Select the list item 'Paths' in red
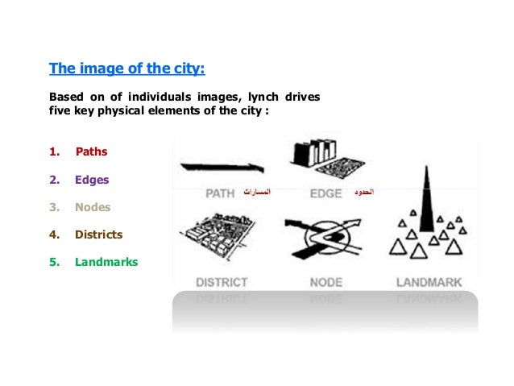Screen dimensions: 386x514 click(91, 151)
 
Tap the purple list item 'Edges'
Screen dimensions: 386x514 click(92, 180)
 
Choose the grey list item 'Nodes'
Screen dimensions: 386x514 click(93, 207)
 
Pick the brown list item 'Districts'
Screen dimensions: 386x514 click(98, 235)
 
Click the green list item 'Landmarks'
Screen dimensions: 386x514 click(106, 262)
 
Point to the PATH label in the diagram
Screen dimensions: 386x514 click(220, 193)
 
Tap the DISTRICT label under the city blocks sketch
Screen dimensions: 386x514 click(222, 283)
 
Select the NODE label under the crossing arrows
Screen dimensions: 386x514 click(325, 283)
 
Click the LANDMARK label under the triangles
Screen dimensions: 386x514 click(428, 283)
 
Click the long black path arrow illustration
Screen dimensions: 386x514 click(222, 168)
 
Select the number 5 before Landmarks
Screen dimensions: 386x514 click(53, 262)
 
